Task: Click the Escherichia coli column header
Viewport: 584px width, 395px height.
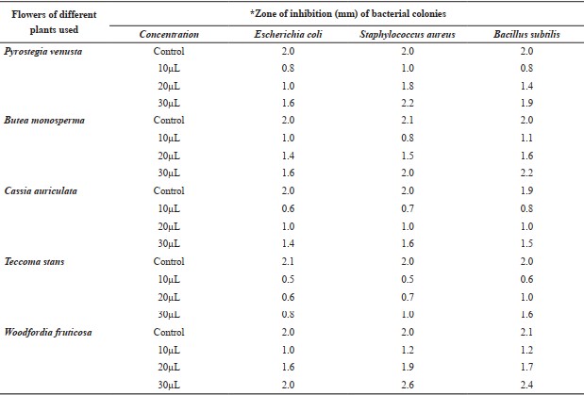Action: (x=288, y=34)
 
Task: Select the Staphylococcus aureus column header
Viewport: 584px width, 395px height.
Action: (x=407, y=34)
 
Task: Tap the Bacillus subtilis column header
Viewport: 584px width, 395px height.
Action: (x=526, y=34)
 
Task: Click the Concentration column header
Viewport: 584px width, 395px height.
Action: (x=169, y=34)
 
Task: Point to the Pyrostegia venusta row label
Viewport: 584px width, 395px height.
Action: (x=42, y=51)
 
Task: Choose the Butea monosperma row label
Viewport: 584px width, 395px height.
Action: (x=44, y=121)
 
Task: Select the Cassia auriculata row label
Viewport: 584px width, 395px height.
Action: (x=41, y=191)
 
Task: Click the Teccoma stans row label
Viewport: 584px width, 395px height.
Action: (x=34, y=261)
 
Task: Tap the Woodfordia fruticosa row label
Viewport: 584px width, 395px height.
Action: (x=48, y=332)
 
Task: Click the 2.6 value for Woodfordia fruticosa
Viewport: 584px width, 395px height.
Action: (x=408, y=385)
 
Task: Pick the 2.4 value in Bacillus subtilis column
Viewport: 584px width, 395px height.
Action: (x=526, y=385)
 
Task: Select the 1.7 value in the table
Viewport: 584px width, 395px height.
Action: (x=526, y=367)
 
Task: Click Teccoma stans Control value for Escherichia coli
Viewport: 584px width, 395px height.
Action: (x=288, y=261)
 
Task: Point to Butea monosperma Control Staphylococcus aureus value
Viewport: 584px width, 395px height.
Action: (x=408, y=120)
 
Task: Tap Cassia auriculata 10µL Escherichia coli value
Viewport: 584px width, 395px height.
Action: (x=288, y=208)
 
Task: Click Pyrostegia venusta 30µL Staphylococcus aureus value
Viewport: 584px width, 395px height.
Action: (x=408, y=103)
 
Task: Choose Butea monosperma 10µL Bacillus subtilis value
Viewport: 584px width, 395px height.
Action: (x=526, y=138)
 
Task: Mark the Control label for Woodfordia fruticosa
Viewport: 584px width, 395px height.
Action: (x=169, y=332)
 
